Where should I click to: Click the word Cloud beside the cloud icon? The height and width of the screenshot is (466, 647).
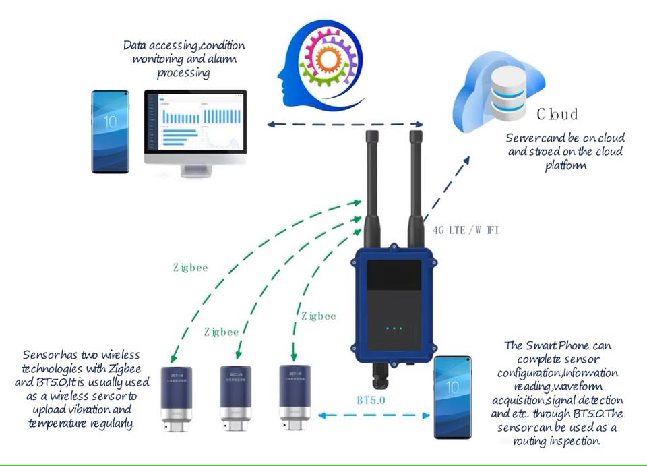click(557, 114)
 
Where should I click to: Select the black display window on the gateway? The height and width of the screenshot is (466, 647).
click(394, 281)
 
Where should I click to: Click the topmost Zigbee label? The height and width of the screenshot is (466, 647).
click(191, 267)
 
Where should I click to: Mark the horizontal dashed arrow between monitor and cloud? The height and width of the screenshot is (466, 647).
click(344, 124)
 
